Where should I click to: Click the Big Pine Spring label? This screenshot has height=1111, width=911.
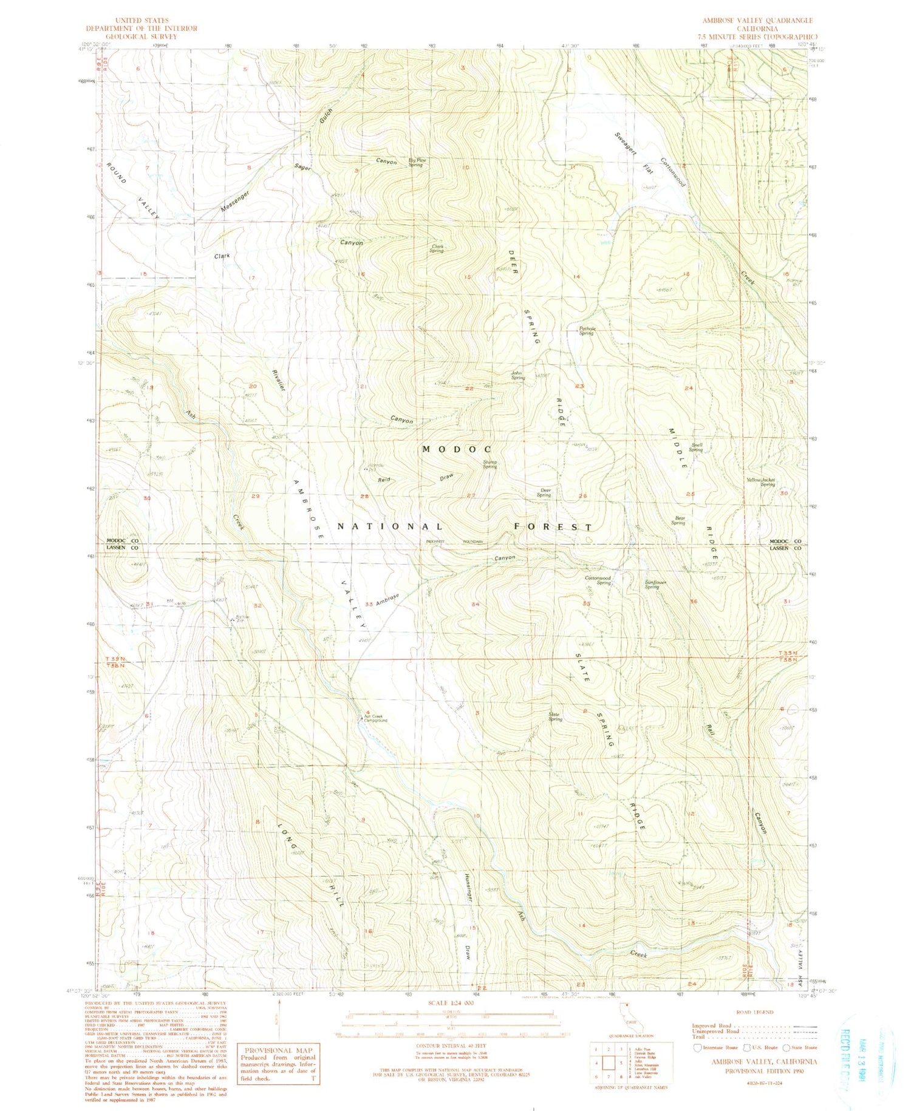tap(417, 162)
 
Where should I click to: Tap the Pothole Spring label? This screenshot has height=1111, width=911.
tap(586, 331)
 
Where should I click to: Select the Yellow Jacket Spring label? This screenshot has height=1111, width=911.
tap(760, 482)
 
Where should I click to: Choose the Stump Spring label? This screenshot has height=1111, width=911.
tap(490, 464)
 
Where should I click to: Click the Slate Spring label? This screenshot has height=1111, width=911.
tap(554, 717)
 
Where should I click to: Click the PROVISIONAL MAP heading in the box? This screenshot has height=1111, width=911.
tap(278, 1050)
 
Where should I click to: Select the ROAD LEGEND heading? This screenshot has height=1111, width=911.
tap(754, 1012)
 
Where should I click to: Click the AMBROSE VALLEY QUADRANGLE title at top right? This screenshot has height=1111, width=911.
tap(757, 21)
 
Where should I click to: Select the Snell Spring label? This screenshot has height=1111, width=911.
tap(696, 447)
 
